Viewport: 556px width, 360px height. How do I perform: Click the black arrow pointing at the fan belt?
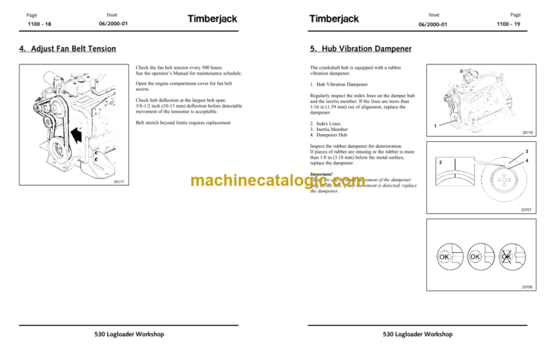(x=75, y=135)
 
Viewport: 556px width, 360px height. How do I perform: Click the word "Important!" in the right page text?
(x=322, y=174)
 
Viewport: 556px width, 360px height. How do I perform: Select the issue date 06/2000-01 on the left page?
(x=111, y=25)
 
